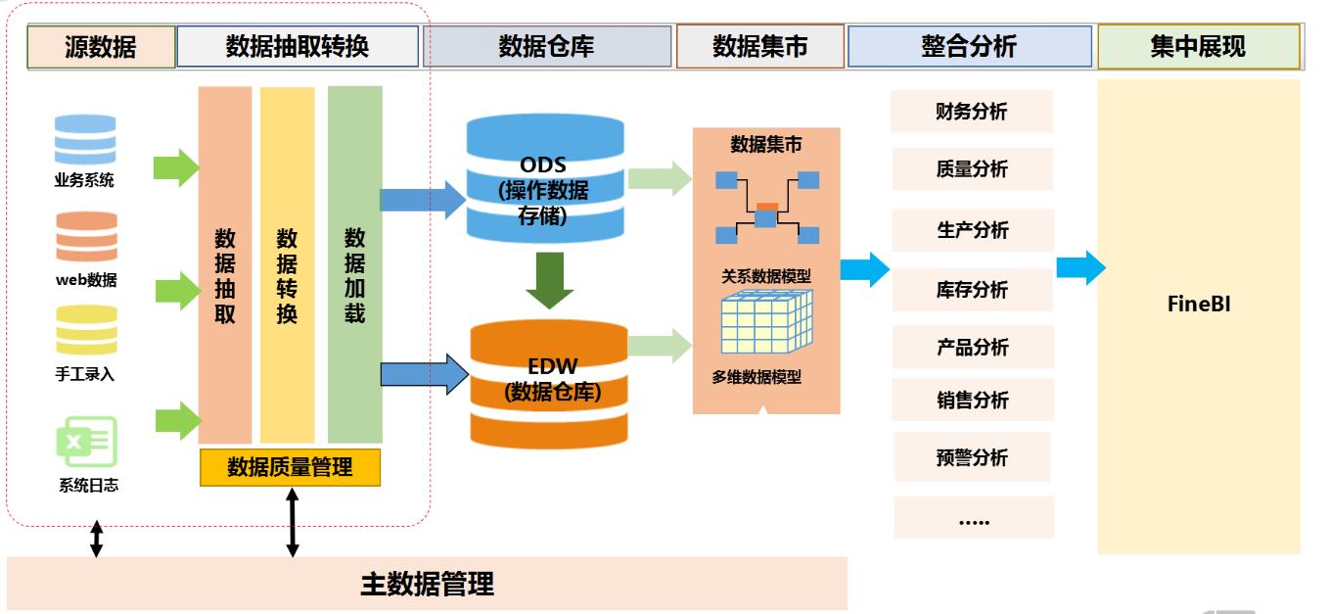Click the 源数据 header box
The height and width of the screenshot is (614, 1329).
point(101,47)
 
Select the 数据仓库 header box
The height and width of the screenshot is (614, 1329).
point(547,47)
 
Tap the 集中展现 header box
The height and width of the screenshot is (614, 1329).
point(1198,47)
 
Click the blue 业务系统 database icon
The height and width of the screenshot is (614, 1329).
point(85,141)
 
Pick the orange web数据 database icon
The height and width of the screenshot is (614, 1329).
point(86,238)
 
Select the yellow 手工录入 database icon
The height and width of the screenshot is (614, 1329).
point(86,331)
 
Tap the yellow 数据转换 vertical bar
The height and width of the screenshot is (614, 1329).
point(287,264)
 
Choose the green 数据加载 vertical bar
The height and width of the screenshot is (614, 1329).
point(354,264)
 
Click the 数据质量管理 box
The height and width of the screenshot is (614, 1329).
point(290,467)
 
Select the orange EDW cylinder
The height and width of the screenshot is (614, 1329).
point(548,382)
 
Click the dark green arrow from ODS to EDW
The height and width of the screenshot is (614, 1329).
point(545,280)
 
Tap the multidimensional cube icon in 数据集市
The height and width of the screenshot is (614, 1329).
point(765,323)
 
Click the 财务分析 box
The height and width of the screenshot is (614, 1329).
point(971,112)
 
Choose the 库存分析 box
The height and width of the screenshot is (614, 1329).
point(972,290)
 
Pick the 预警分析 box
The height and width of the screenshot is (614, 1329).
point(972,457)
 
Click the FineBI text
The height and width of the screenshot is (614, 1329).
point(1198,304)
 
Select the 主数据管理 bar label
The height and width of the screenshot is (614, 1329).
point(427,585)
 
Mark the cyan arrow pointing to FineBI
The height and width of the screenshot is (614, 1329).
point(1080,267)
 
